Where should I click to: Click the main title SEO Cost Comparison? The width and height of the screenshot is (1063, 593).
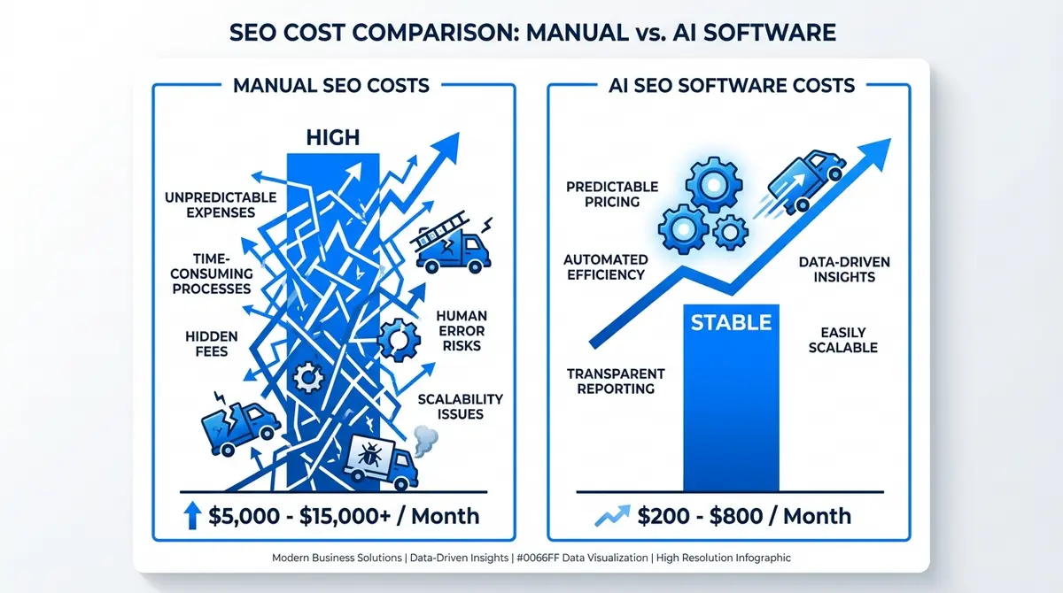[531, 33]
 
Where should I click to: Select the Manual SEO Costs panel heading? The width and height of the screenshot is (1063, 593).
[330, 86]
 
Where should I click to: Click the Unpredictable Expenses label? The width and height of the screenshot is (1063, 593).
[221, 204]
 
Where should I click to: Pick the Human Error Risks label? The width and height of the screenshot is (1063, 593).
[460, 330]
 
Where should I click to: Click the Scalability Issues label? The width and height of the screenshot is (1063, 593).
[460, 406]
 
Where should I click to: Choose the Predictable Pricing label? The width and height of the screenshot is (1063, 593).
[611, 194]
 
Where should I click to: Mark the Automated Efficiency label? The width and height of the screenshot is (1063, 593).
[606, 266]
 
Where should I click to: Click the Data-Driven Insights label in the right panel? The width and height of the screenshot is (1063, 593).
[844, 269]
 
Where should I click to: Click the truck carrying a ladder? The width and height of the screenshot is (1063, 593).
[451, 245]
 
